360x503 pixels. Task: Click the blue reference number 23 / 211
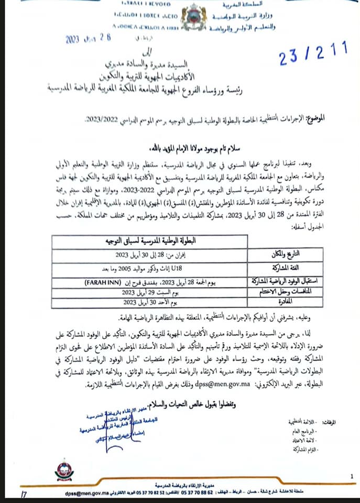pos(313,55)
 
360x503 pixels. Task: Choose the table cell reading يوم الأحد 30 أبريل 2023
pos(150,302)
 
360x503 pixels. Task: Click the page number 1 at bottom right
pos(352,476)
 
